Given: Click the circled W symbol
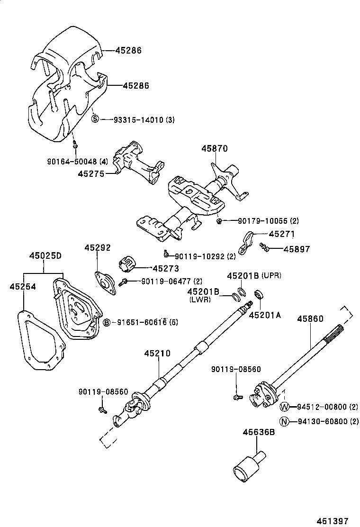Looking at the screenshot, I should [284, 407].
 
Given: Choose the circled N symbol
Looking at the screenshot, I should [284, 422].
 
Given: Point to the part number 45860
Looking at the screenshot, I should [310, 319].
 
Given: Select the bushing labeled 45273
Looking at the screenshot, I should [126, 262].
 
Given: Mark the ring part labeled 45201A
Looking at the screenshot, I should [259, 295].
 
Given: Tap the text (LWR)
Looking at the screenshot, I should [200, 300].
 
